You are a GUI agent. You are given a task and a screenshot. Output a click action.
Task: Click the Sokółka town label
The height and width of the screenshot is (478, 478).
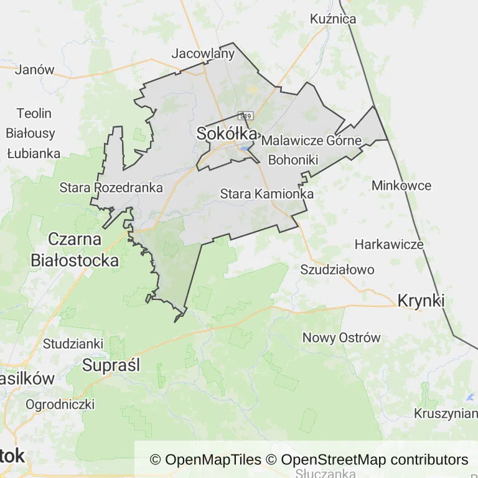tap(227, 133)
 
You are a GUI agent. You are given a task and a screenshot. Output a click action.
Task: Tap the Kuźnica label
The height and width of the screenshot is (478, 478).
tap(333, 19)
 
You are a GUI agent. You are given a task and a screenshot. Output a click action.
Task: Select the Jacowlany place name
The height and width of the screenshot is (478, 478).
tap(203, 53)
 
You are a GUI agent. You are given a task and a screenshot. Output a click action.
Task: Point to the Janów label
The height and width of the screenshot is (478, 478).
tap(35, 69)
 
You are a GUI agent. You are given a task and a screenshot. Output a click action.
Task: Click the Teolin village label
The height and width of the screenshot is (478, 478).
tap(34, 113)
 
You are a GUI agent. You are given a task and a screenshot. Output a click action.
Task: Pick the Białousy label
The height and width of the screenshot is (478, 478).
tap(30, 133)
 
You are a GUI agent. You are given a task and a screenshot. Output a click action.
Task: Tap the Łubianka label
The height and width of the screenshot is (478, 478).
tap(34, 152)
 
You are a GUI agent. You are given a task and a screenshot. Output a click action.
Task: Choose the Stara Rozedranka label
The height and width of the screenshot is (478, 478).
tap(111, 187)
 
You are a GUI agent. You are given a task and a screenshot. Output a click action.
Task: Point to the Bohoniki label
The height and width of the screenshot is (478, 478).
tap(293, 160)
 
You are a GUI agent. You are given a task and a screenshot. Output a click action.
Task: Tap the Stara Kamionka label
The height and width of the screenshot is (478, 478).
tap(266, 194)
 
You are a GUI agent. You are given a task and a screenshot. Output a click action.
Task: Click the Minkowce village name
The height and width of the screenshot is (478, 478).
tap(401, 185)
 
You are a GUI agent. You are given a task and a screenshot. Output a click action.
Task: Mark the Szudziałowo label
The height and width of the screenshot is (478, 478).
tap(337, 269)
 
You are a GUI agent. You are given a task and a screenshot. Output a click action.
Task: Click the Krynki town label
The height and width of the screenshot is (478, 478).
tap(421, 301)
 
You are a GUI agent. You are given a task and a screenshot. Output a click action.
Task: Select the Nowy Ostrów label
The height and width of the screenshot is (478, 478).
tap(341, 338)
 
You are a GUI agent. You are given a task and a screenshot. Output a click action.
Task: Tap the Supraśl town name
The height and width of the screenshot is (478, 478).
tap(111, 365)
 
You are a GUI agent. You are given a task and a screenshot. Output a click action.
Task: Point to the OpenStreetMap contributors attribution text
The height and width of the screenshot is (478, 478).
tap(374, 460)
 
